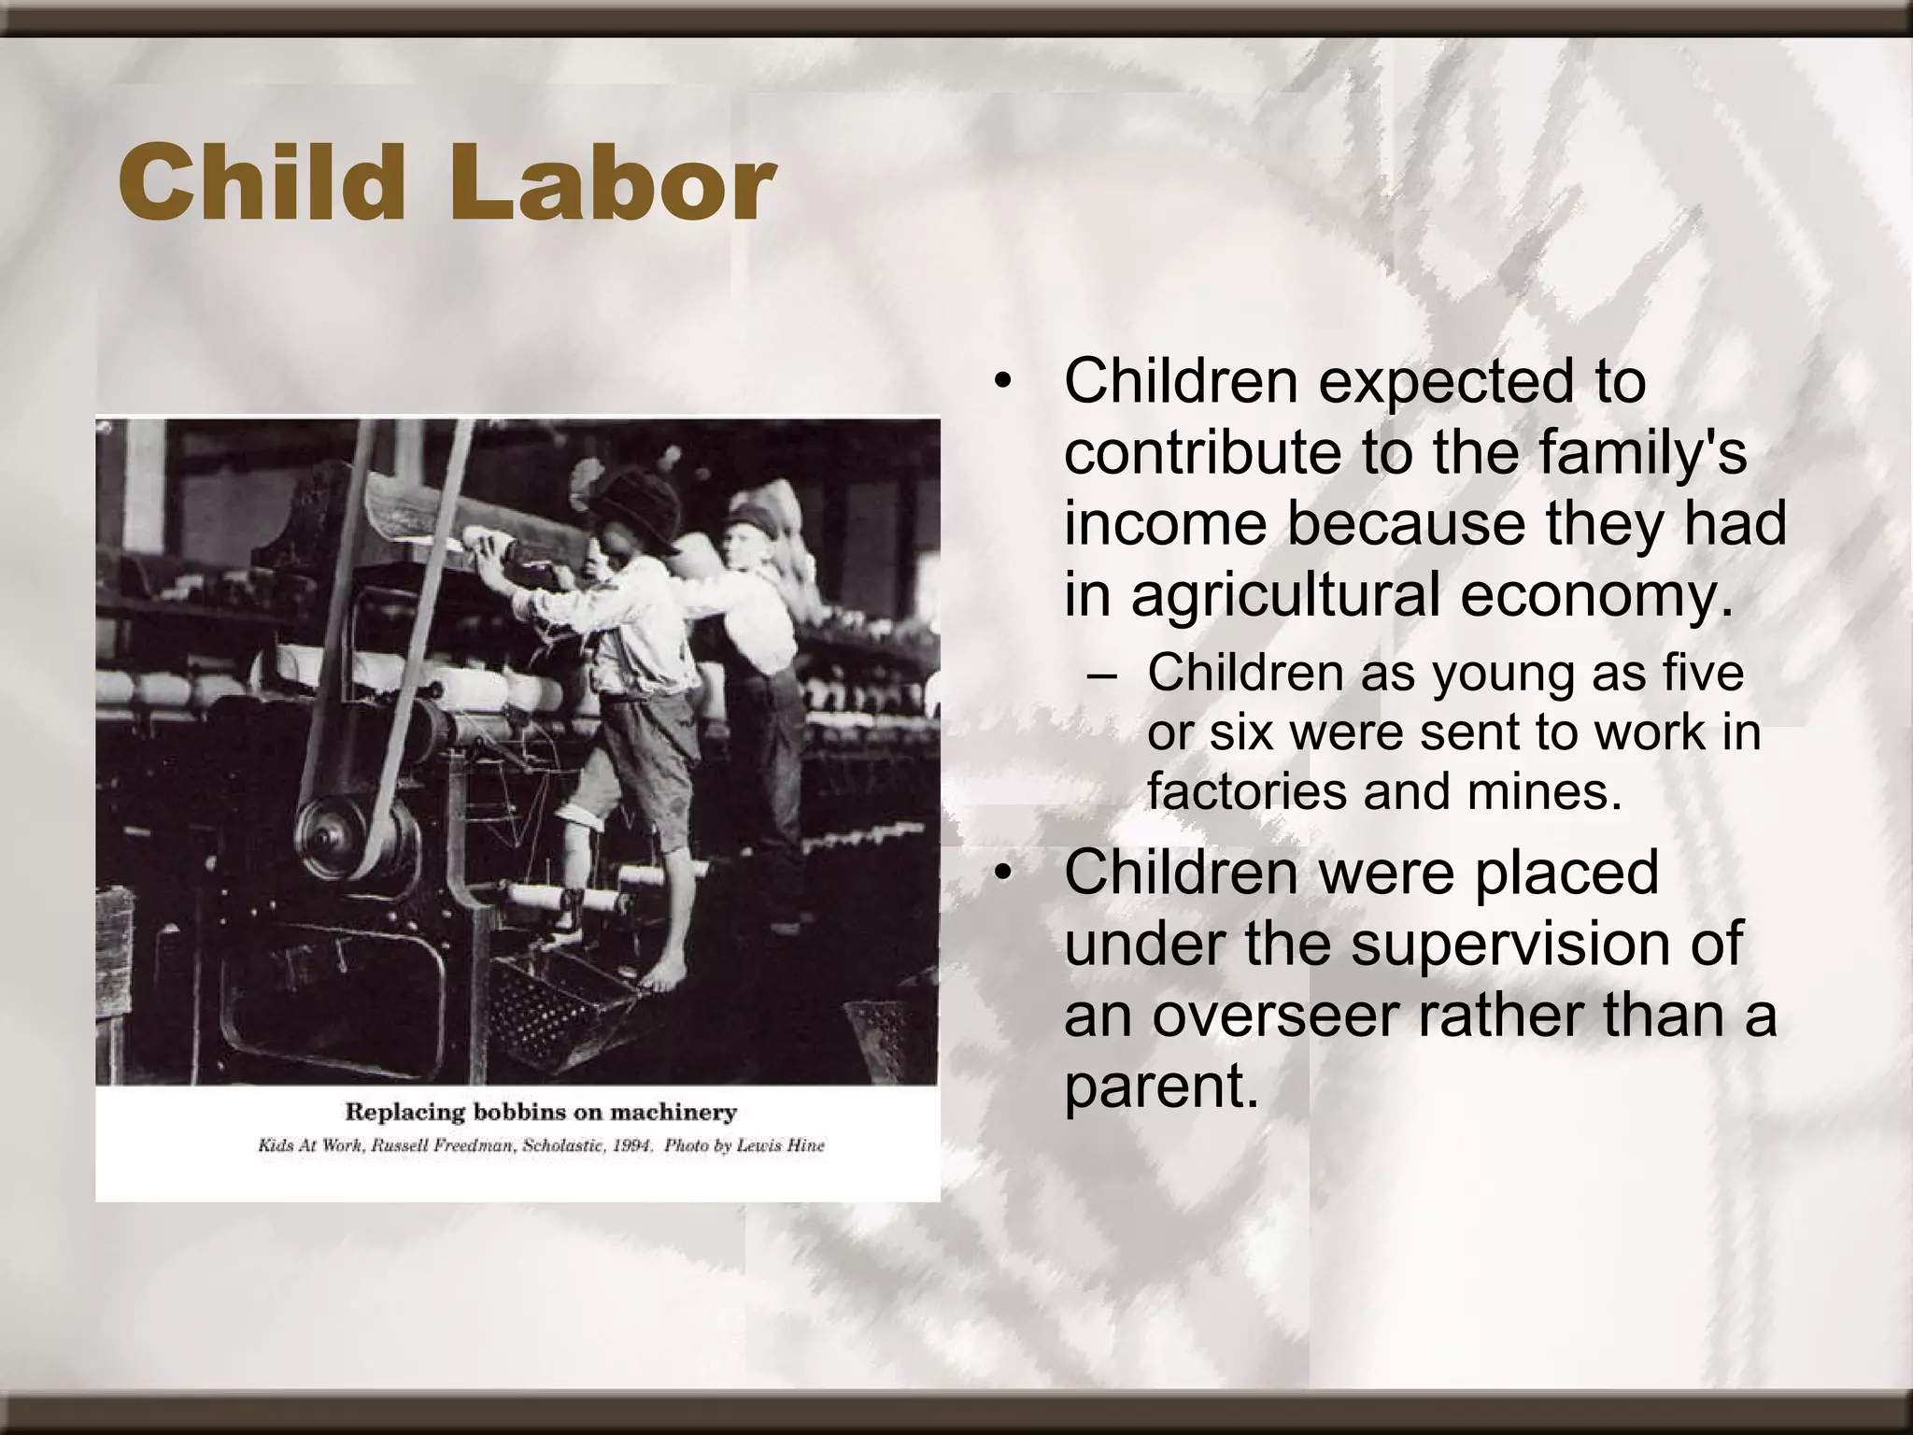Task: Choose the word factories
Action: click(x=1246, y=791)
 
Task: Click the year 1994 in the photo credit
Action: click(x=631, y=1145)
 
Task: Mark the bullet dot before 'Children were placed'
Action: click(x=1003, y=873)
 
